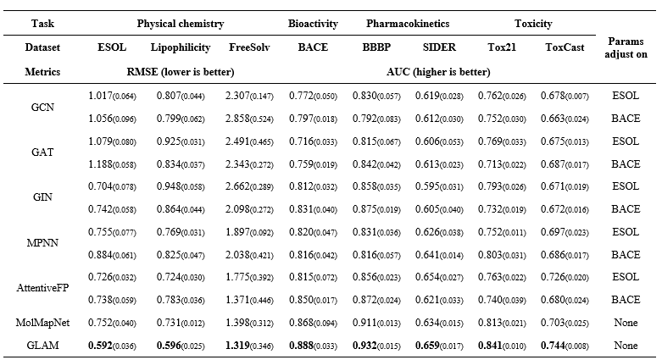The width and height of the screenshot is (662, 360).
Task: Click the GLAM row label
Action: (42, 346)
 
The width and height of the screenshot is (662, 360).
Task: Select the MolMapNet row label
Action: (42, 323)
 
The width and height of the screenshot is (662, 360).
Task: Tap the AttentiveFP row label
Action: (42, 288)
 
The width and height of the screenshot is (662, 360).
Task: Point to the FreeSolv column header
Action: (249, 47)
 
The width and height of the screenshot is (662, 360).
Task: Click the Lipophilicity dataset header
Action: (181, 47)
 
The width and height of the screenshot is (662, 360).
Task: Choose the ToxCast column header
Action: (565, 47)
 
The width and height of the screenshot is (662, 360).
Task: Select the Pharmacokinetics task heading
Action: (408, 24)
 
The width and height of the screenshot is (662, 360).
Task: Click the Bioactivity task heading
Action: (313, 24)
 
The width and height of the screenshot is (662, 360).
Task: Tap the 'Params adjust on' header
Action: (626, 47)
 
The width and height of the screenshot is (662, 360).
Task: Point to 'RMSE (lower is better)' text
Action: (181, 72)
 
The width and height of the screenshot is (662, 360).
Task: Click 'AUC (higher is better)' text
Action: (438, 72)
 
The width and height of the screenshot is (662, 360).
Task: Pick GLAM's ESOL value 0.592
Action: (100, 346)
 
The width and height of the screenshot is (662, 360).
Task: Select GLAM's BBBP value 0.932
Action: (364, 346)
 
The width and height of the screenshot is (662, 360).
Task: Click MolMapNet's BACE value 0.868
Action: (301, 323)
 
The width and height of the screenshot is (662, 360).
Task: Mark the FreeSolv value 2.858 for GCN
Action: (237, 119)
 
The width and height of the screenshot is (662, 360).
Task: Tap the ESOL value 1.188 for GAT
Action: (100, 163)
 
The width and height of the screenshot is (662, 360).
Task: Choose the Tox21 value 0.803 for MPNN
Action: (490, 254)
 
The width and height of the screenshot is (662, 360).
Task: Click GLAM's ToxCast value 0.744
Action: (553, 346)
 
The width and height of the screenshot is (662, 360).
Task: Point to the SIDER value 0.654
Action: (427, 277)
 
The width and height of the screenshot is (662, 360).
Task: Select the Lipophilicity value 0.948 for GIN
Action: (169, 186)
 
